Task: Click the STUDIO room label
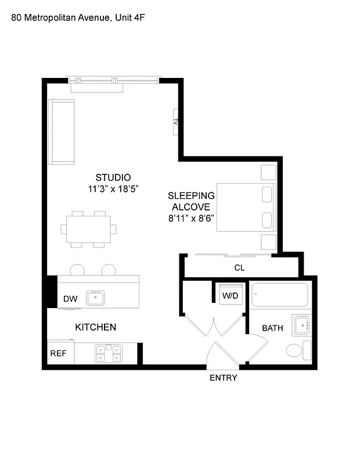click(x=113, y=177)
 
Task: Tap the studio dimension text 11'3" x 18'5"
click(x=113, y=189)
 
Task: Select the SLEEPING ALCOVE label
click(x=191, y=201)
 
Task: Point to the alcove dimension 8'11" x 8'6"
click(x=191, y=219)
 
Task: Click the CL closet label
click(x=239, y=268)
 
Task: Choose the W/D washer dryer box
click(x=230, y=295)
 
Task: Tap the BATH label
click(x=272, y=328)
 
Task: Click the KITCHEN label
click(x=96, y=327)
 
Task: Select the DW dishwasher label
click(x=70, y=299)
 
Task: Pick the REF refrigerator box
click(x=58, y=353)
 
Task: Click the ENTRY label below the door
click(x=224, y=378)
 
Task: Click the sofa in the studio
click(x=62, y=131)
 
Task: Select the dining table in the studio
click(x=88, y=228)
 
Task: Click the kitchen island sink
click(x=95, y=299)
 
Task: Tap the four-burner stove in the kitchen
click(x=109, y=353)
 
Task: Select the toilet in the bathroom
click(x=297, y=350)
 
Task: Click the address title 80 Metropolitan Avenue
click(x=78, y=18)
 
